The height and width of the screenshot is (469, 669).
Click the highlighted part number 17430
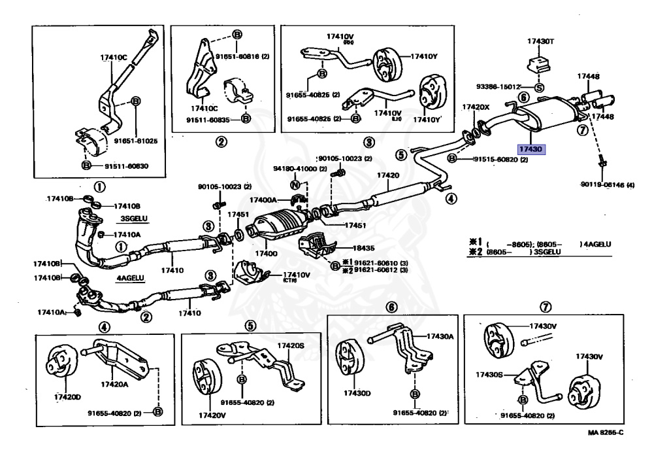coord(530,149)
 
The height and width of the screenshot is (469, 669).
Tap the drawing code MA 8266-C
coord(604,433)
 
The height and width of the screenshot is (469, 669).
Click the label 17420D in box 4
coord(67,396)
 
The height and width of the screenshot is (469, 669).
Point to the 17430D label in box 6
coord(357,393)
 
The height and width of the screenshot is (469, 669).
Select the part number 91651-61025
coord(136,141)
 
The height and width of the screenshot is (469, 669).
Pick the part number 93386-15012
coord(498,86)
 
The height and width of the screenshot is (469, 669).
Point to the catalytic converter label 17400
coord(264,252)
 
